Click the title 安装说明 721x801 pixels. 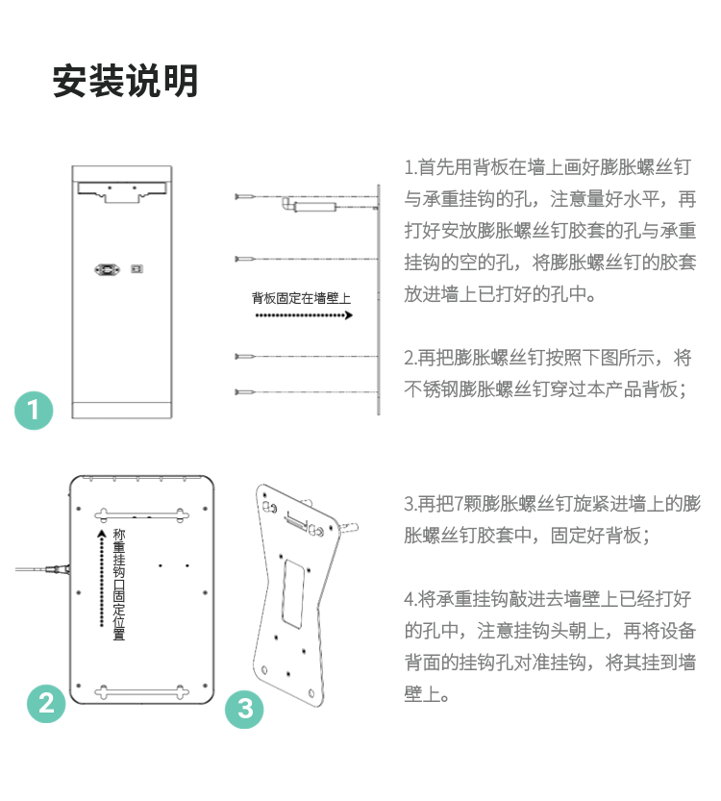(125, 81)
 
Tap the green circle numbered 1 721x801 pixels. (34, 411)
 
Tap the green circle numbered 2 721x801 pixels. (46, 704)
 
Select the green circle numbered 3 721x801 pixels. (244, 709)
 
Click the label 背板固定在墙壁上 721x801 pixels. (301, 298)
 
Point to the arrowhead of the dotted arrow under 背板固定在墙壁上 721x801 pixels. (349, 315)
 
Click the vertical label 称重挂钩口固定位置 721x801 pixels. (118, 585)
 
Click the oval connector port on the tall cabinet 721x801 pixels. (108, 269)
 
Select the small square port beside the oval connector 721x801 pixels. (137, 268)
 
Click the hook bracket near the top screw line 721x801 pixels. (309, 206)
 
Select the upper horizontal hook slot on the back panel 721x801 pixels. (141, 514)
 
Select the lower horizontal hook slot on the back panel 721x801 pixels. (141, 692)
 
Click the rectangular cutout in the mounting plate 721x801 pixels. (293, 593)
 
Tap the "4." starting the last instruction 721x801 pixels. (411, 599)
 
